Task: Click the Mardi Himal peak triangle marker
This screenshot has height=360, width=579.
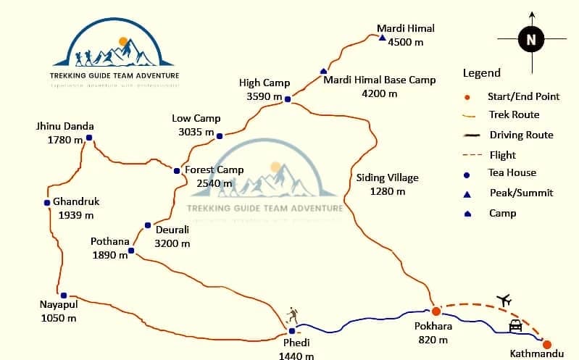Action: pos(382,38)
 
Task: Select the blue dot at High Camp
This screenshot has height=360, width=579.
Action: pos(287,99)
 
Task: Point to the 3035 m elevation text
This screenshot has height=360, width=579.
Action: pos(196,132)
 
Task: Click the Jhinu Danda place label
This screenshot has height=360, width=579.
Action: pos(65,126)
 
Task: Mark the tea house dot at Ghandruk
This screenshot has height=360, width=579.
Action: pos(47,201)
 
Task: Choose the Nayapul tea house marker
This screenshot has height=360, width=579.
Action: pos(64,295)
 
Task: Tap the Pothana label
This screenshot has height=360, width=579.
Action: pos(109,241)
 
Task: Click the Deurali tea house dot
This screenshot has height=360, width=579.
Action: pos(148,225)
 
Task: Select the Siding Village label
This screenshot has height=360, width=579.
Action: pos(388,177)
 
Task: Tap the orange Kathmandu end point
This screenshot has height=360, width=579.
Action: pos(547,345)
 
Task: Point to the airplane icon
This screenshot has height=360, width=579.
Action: pos(504,300)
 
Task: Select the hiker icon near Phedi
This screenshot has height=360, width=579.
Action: pos(292,315)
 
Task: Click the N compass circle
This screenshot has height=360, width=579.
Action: pos(531,39)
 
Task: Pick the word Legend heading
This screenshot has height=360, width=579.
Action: pos(481,73)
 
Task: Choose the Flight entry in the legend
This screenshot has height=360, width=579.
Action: pos(502,155)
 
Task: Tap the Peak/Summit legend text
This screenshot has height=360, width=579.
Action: pos(521,193)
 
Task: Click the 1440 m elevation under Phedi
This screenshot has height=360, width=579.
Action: pos(296,355)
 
